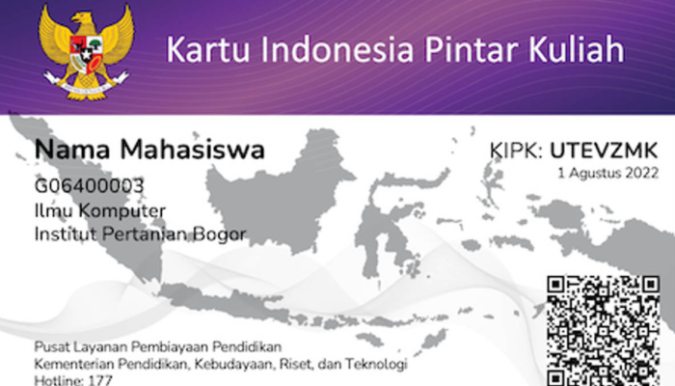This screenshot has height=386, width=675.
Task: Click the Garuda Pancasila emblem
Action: click(86, 52)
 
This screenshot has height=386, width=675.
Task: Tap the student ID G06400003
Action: click(90, 186)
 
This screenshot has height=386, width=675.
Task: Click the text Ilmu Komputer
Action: click(100, 210)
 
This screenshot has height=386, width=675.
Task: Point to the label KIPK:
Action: click(516, 151)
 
